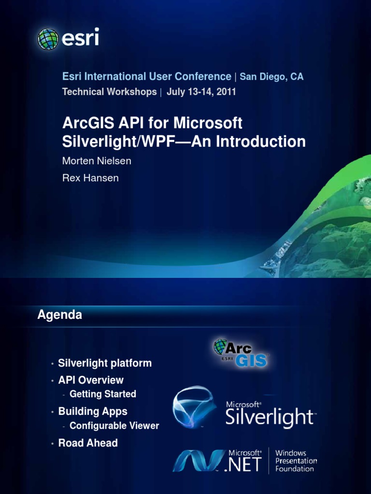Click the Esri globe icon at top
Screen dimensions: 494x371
48,39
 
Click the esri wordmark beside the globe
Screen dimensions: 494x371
80,38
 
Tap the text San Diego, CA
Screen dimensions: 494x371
271,77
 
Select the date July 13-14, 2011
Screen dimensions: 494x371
201,92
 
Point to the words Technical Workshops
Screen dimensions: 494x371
109,92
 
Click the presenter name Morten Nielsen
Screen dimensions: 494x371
97,161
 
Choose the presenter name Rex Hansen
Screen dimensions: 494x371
90,178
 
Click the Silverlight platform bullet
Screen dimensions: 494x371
105,363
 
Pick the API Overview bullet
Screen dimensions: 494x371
91,380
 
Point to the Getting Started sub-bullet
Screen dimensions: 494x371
103,394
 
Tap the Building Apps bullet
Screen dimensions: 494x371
93,412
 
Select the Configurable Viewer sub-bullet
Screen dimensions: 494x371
114,426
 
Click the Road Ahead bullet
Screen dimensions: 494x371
88,443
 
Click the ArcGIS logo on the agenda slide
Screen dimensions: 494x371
241,353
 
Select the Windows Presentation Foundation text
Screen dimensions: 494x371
296,461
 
